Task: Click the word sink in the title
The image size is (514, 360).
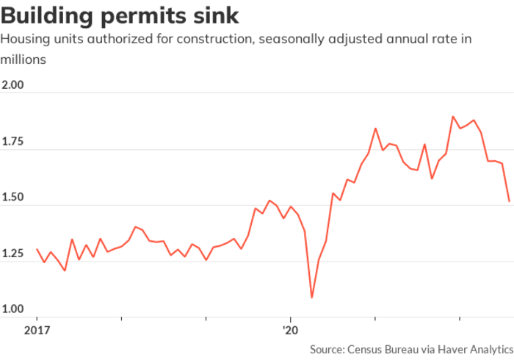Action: pos(217,15)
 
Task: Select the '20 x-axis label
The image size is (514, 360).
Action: pos(291,331)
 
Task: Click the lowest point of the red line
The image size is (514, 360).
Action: pos(312,298)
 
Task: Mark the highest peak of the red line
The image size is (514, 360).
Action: pos(453,116)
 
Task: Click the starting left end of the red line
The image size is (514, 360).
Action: pos(37,249)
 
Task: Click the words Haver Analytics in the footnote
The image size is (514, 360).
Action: pos(473,349)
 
